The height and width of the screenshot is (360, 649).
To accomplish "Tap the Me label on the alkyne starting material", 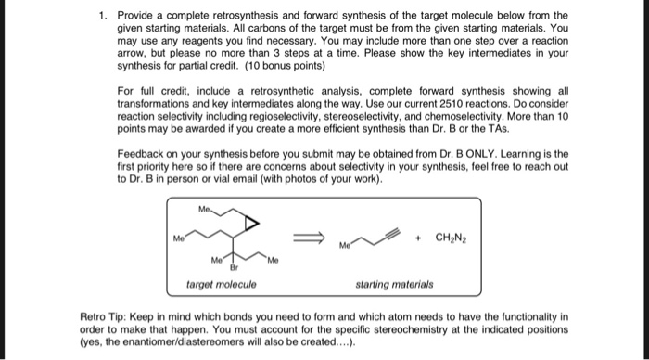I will [x=344, y=246].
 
